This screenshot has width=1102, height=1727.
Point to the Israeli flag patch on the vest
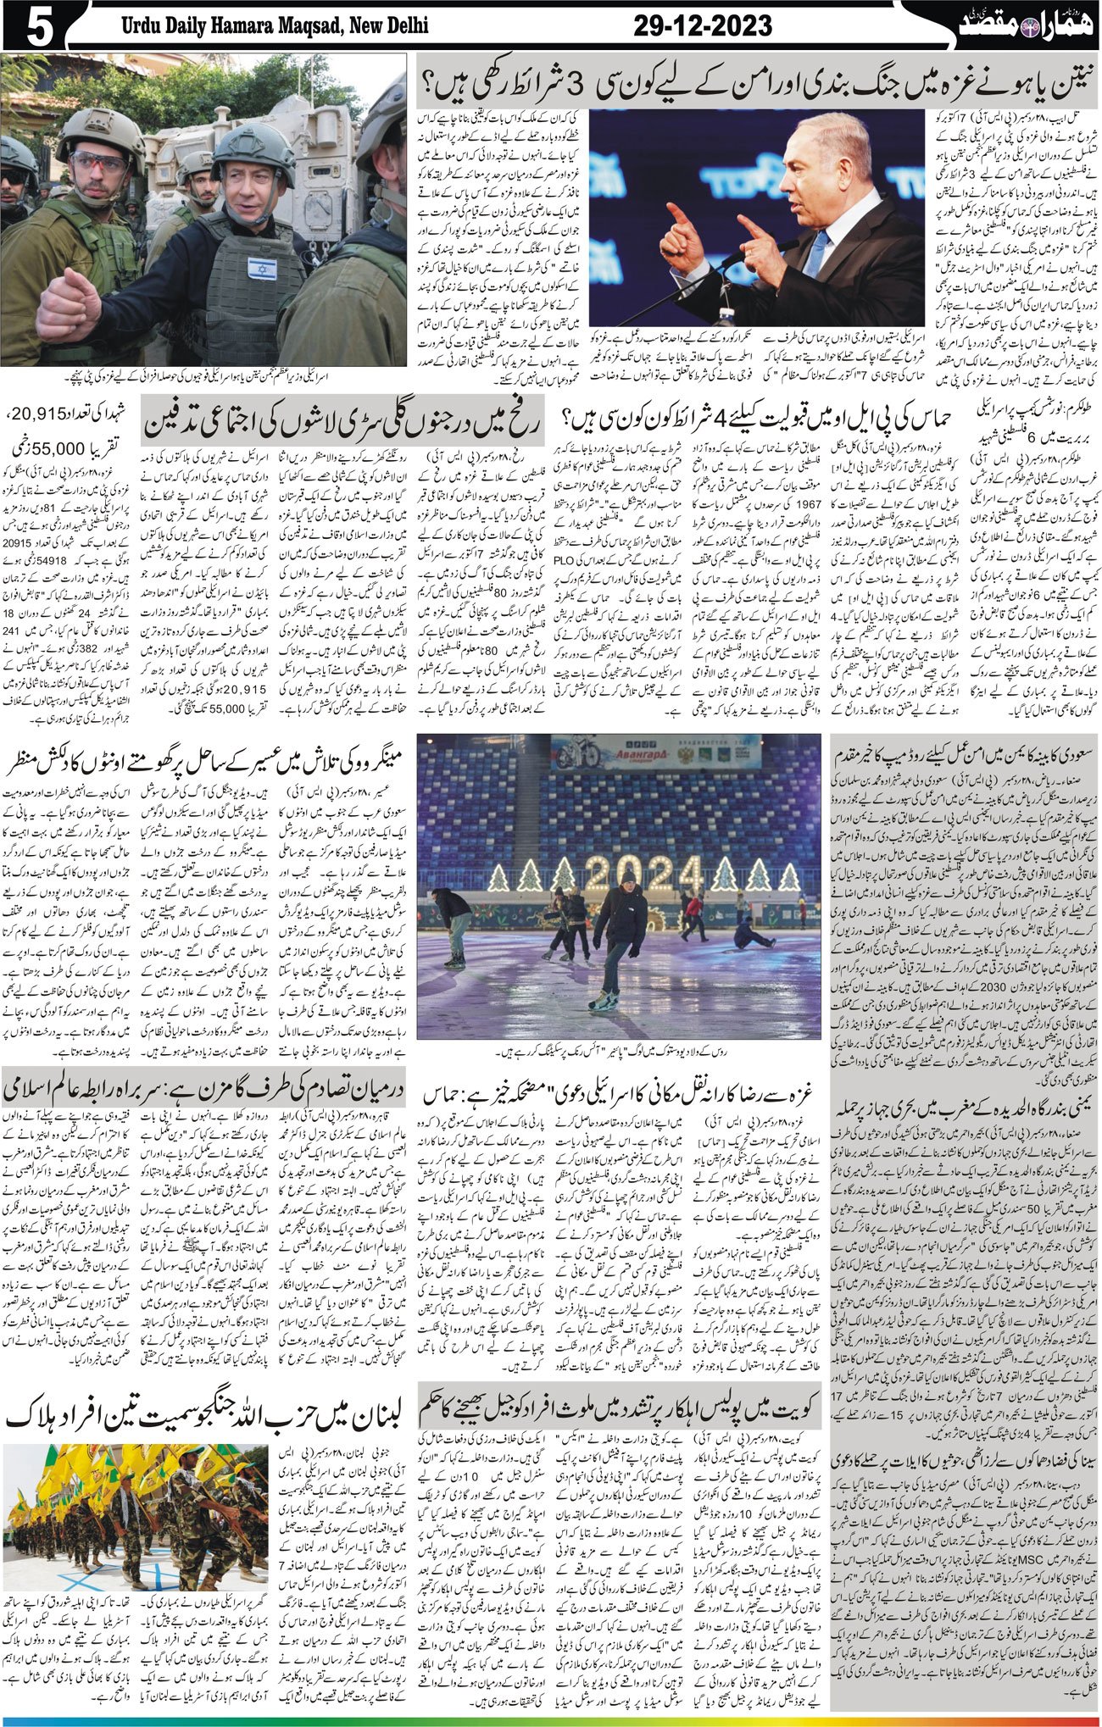(261, 269)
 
